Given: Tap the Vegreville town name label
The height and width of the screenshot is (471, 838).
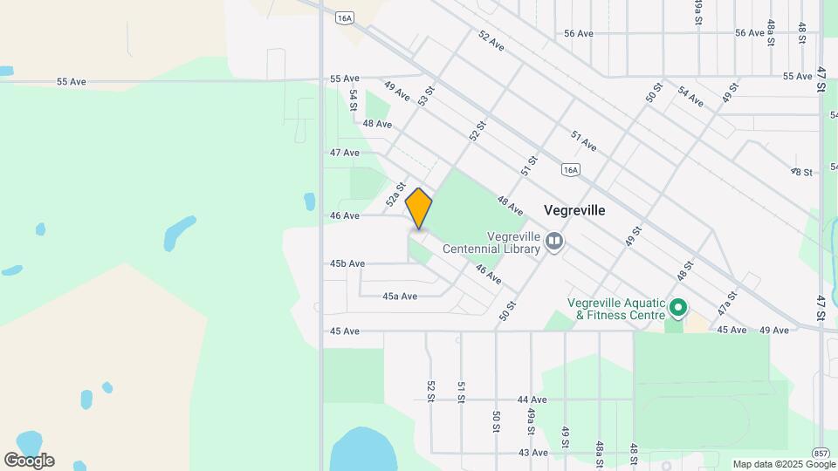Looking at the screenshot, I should tap(574, 210).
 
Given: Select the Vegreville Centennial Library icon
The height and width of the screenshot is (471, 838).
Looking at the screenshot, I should tap(554, 240).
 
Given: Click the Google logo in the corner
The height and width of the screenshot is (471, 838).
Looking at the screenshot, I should tap(29, 461).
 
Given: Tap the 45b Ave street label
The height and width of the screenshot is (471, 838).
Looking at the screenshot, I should tap(347, 263).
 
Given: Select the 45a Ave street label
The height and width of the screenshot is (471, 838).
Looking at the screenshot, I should tap(400, 297).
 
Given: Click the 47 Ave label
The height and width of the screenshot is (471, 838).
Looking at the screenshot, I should tap(345, 153).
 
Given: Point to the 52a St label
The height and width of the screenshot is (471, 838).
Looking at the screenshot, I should tap(397, 193).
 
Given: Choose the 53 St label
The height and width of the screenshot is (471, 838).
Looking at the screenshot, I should tap(426, 96).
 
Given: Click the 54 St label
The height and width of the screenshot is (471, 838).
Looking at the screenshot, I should tap(354, 99).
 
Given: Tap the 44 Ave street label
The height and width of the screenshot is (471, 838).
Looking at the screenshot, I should tap(532, 399).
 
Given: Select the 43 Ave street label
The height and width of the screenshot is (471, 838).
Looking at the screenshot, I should tap(532, 453).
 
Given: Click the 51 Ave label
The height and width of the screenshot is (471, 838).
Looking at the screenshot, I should tap(583, 140).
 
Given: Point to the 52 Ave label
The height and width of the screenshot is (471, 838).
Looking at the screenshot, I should tap(491, 40).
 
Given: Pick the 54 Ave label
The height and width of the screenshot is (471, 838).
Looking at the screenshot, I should tap(690, 97).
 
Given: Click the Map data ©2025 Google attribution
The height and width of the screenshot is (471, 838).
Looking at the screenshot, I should tap(784, 464).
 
